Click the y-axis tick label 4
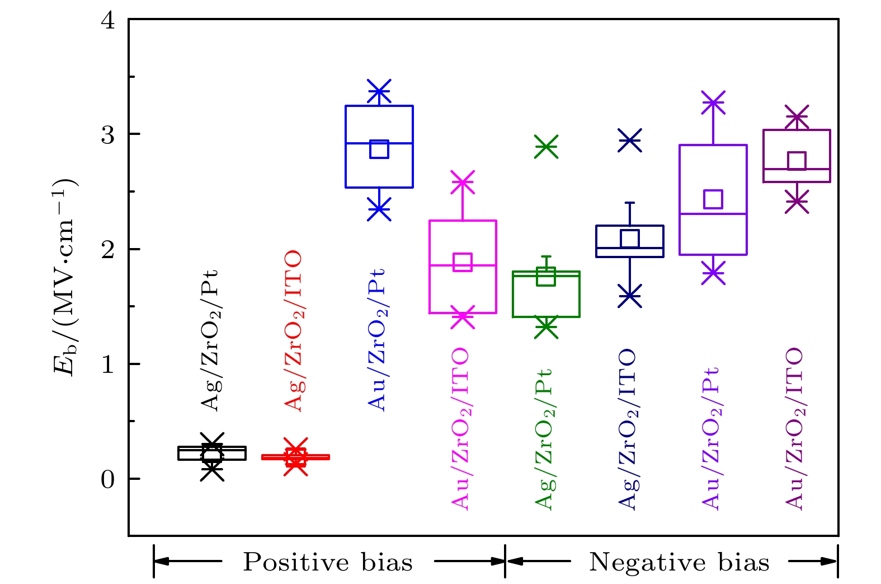[107, 21]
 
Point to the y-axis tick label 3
[107, 135]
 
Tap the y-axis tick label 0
[107, 480]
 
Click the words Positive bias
[328, 562]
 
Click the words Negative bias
[679, 562]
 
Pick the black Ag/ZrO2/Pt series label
[210, 340]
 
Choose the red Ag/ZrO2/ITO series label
[294, 331]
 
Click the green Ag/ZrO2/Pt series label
[544, 439]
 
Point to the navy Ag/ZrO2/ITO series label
[628, 429]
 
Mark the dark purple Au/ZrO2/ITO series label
[795, 429]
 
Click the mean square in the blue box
[379, 149]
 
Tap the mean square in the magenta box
[463, 261]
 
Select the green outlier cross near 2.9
[546, 147]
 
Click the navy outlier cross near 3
[630, 141]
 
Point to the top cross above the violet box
[713, 102]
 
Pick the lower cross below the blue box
[379, 209]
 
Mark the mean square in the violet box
[713, 199]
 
